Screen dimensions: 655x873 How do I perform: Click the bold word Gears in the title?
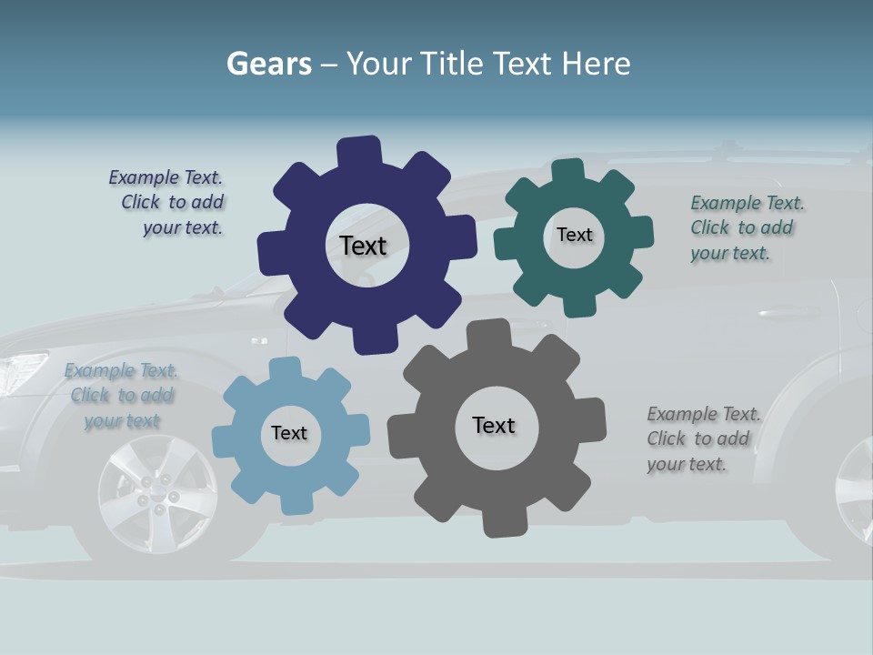pyautogui.click(x=269, y=64)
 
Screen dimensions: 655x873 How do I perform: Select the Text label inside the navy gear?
pyautogui.click(x=363, y=246)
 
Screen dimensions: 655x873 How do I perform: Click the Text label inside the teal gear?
pyautogui.click(x=574, y=235)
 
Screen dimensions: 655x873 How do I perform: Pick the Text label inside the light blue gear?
pyautogui.click(x=289, y=433)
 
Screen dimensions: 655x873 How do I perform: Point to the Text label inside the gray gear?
pyautogui.click(x=494, y=425)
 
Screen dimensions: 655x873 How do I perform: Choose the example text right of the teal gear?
pyautogui.click(x=746, y=227)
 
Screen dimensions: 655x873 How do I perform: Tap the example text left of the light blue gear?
pyautogui.click(x=122, y=395)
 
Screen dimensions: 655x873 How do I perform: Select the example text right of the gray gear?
pyautogui.click(x=702, y=438)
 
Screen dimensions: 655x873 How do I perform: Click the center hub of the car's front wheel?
pyautogui.click(x=156, y=495)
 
